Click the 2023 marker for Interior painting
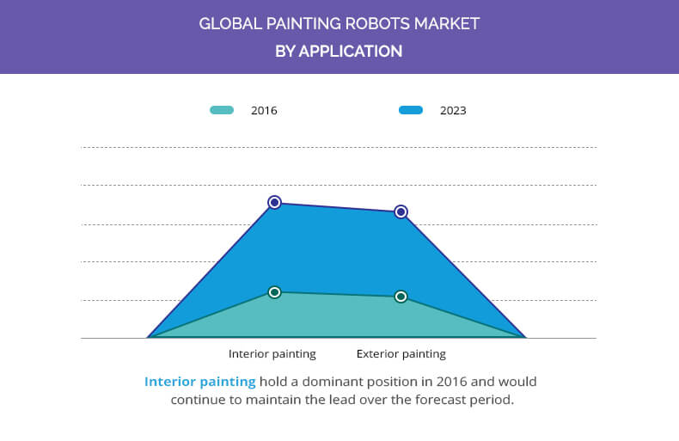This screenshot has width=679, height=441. (274, 202)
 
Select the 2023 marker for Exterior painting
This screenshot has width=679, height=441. (401, 211)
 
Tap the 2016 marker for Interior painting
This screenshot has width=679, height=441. (274, 292)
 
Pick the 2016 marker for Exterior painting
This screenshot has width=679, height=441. (401, 297)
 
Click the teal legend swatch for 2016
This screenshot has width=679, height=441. (222, 110)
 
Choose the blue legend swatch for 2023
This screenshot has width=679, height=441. (411, 110)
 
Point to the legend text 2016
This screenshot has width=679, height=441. (264, 111)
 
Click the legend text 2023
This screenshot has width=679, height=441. (453, 111)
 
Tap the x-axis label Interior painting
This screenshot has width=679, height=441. (272, 354)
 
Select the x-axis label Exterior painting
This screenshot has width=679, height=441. (401, 354)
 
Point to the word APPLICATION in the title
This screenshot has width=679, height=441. (351, 51)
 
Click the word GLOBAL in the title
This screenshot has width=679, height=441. (230, 23)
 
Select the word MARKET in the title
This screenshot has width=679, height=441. (447, 23)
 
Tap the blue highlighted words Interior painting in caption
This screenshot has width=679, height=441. (200, 382)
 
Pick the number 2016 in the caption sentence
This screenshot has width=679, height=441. (451, 382)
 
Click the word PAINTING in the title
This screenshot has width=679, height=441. (303, 23)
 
